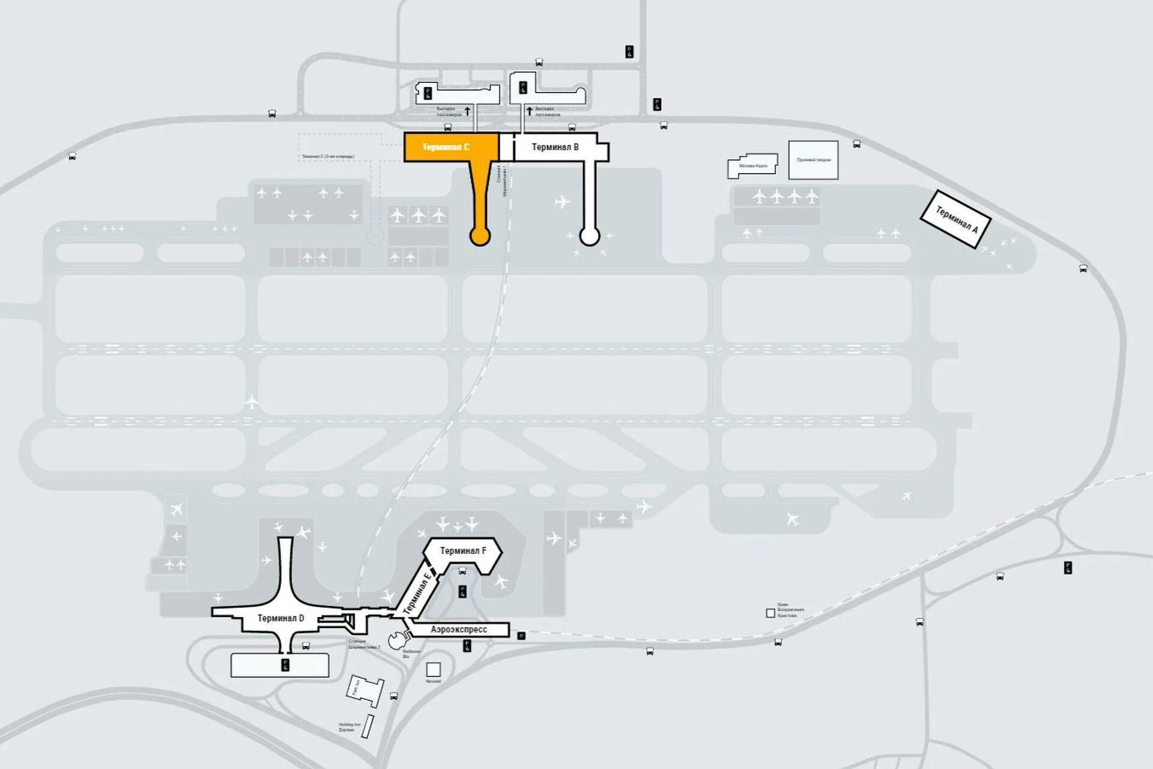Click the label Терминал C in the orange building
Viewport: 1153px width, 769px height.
[446, 147]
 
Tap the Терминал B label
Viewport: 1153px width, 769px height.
[555, 147]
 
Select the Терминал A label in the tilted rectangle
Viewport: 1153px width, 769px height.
[957, 219]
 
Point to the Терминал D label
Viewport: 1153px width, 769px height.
[280, 618]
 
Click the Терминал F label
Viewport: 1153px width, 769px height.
[463, 550]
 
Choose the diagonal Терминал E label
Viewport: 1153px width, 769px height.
[417, 594]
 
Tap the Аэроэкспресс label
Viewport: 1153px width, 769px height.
[459, 630]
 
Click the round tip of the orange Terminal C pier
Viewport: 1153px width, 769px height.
[479, 237]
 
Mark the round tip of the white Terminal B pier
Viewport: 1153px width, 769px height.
[589, 236]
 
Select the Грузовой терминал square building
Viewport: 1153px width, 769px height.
[813, 160]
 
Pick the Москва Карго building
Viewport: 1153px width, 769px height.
[752, 166]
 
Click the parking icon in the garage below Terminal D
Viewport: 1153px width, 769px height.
[285, 664]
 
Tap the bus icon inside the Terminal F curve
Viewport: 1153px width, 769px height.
[462, 571]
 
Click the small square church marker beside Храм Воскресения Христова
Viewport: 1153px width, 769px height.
[770, 613]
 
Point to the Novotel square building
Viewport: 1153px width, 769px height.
[433, 669]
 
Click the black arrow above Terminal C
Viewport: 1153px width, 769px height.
[468, 111]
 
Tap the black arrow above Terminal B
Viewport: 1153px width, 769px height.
[529, 111]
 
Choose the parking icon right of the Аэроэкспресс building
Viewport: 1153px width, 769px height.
[521, 636]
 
